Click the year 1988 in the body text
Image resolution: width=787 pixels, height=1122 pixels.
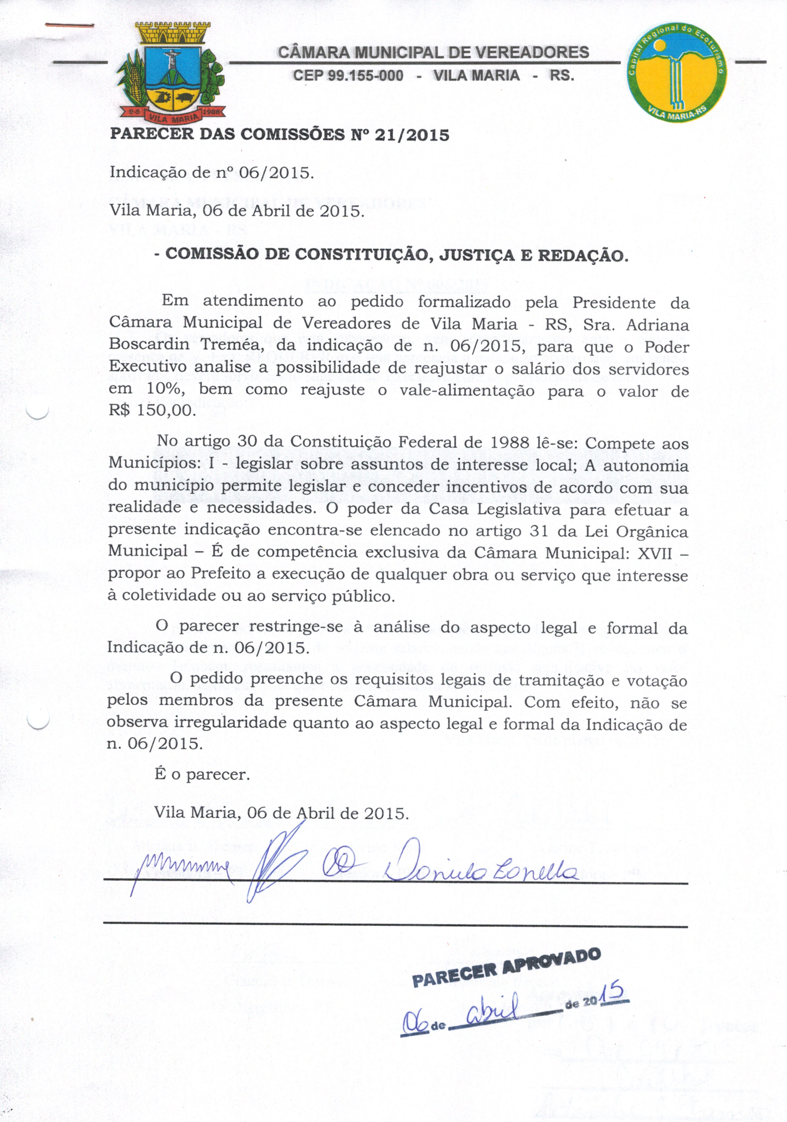tap(508, 442)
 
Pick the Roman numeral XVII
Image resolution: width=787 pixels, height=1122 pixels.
tap(655, 554)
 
